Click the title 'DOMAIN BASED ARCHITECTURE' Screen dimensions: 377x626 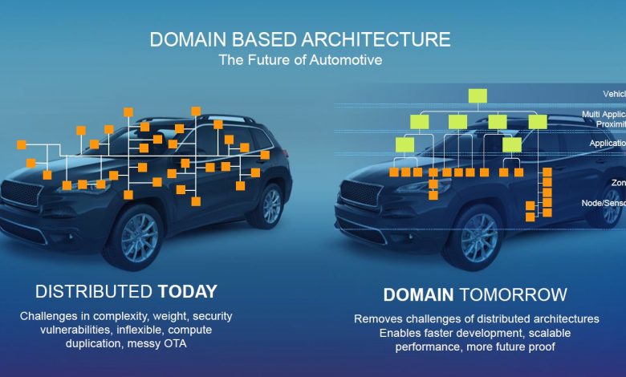click(299, 40)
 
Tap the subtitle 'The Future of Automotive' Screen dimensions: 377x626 click(299, 59)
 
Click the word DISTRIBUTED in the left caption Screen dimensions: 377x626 click(94, 291)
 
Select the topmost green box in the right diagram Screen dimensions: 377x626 click(478, 96)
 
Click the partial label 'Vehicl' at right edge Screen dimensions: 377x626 click(614, 94)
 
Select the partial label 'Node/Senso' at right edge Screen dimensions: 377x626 click(603, 203)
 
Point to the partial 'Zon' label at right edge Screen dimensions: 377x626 click(617, 182)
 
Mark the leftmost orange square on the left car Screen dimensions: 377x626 click(22, 145)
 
